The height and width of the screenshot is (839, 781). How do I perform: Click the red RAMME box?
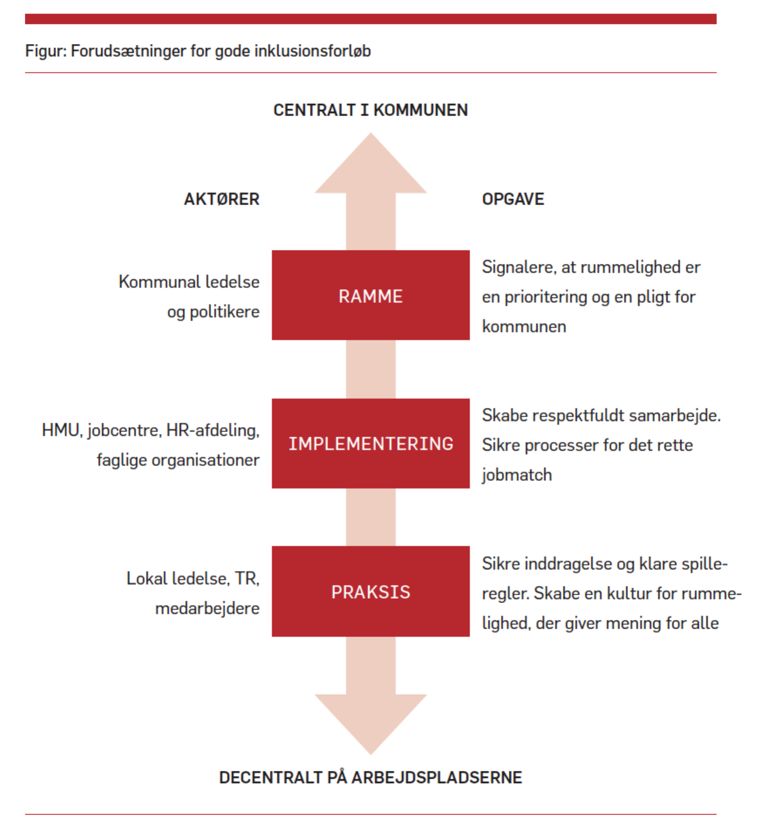pyautogui.click(x=370, y=295)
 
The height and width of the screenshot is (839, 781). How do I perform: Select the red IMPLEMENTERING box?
pyautogui.click(x=370, y=443)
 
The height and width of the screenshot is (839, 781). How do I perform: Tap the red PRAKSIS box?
pyautogui.click(x=370, y=591)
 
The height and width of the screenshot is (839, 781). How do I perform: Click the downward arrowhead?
pyautogui.click(x=370, y=720)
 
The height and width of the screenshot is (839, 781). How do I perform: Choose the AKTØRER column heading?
pyautogui.click(x=221, y=199)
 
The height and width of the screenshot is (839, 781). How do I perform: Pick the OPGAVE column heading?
pyautogui.click(x=513, y=199)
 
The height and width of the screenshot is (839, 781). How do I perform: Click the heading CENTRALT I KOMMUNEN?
pyautogui.click(x=370, y=110)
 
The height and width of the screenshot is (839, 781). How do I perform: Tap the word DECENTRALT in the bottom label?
pyautogui.click(x=270, y=778)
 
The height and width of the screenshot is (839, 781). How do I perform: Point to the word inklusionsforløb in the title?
pyautogui.click(x=312, y=51)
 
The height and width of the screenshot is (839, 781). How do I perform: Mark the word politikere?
pyautogui.click(x=224, y=312)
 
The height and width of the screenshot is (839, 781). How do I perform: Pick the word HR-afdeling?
pyautogui.click(x=213, y=430)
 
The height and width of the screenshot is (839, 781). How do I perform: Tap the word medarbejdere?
pyautogui.click(x=207, y=608)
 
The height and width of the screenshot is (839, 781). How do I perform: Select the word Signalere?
pyautogui.click(x=519, y=267)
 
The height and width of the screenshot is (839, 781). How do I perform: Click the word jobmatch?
pyautogui.click(x=517, y=475)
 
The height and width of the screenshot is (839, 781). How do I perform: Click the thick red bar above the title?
pyautogui.click(x=370, y=19)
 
